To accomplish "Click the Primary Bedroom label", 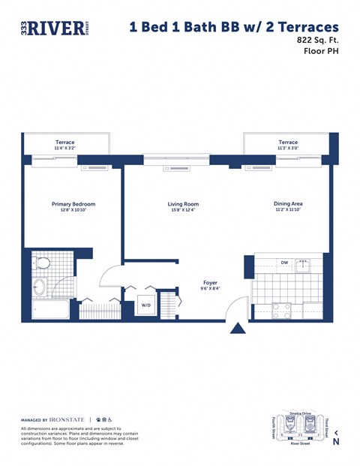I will [73, 204].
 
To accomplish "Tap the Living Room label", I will [182, 204].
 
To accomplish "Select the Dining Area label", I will [288, 203].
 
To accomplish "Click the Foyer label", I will [209, 282].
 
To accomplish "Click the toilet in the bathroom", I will [43, 263].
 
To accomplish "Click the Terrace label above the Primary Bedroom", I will [64, 142].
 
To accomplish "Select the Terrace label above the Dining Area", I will [288, 142].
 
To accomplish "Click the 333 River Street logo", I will [52, 29].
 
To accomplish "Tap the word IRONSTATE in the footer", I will [68, 419].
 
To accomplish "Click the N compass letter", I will [336, 442].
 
